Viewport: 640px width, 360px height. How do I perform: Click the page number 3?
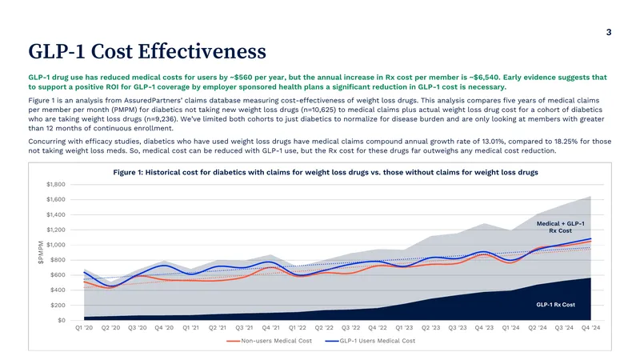click(609, 32)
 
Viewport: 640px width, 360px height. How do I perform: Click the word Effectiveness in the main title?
click(202, 51)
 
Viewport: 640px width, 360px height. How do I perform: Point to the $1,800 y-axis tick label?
click(56, 185)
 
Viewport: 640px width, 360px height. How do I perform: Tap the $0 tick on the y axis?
click(62, 321)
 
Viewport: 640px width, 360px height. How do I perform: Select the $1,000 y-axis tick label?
click(56, 245)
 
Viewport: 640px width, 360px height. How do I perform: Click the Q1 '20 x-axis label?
click(84, 328)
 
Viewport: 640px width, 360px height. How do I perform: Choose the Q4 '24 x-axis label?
click(591, 328)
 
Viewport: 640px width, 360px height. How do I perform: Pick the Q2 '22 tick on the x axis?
click(324, 328)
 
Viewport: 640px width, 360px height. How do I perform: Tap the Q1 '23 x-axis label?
click(404, 328)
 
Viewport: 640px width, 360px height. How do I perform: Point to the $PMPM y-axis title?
click(41, 252)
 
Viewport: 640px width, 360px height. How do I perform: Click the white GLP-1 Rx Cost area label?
click(555, 305)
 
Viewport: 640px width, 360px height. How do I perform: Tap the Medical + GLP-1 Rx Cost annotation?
click(561, 227)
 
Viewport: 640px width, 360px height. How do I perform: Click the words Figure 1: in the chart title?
click(128, 172)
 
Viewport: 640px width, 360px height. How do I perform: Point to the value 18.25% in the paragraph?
click(566, 142)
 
